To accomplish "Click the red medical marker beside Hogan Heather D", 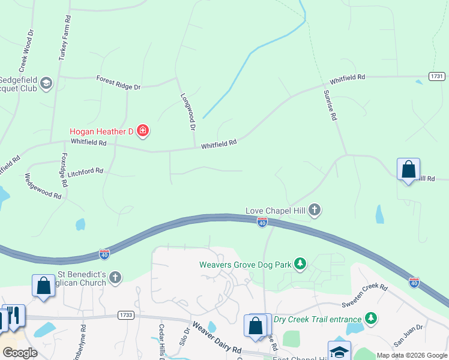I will tap(143, 130).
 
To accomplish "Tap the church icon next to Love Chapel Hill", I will tap(315, 210).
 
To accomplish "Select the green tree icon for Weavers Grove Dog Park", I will tap(301, 263).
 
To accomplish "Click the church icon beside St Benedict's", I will tap(115, 277).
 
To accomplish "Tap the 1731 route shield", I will tap(437, 76).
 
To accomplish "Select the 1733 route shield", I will tap(126, 314).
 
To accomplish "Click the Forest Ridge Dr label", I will tap(118, 82).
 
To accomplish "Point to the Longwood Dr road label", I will tap(188, 112).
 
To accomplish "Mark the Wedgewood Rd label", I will tap(43, 187).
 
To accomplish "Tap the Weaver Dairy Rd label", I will tap(218, 342).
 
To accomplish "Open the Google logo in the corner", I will tap(20, 352).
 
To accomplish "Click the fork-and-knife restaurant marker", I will tap(14, 316).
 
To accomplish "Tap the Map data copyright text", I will tap(411, 355).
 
